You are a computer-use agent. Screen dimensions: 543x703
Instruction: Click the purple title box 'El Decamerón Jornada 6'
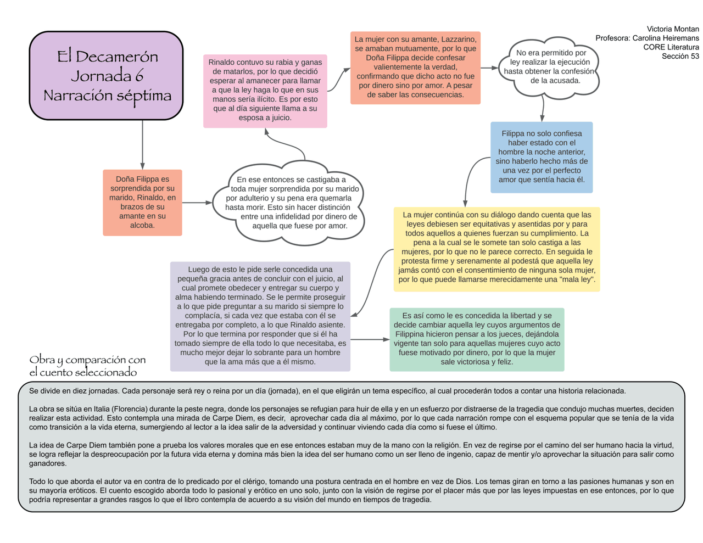point(106,75)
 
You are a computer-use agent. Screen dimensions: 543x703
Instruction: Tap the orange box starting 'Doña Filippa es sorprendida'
point(142,202)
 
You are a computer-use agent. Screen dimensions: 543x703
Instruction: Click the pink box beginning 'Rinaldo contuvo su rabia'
point(265,91)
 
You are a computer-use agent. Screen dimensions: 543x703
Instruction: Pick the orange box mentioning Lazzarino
point(415,67)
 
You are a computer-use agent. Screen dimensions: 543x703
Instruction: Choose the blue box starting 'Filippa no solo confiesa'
point(542,157)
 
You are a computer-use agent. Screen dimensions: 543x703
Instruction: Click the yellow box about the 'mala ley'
point(496,248)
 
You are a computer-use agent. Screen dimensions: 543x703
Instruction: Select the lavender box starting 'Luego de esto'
point(260,316)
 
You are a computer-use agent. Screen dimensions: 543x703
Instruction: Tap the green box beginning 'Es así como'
point(477,339)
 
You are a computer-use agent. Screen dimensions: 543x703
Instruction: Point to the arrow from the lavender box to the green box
point(370,340)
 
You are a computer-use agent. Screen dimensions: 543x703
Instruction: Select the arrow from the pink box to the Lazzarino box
point(338,80)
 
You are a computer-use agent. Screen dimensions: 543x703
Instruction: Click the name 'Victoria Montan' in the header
point(673,29)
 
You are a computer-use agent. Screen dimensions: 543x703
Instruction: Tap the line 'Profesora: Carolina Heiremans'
point(647,38)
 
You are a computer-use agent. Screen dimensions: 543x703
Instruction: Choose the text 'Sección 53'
point(680,57)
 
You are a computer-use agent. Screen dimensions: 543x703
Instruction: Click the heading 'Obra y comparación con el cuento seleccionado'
point(88,366)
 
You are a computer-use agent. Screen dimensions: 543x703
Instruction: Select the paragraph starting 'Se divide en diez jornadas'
point(327,391)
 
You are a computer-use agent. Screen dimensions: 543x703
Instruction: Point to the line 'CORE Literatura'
point(671,47)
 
